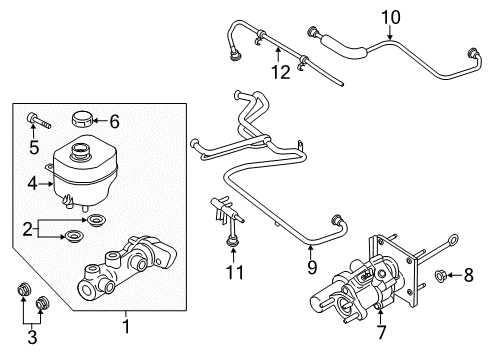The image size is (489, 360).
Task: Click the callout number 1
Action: [126, 324]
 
